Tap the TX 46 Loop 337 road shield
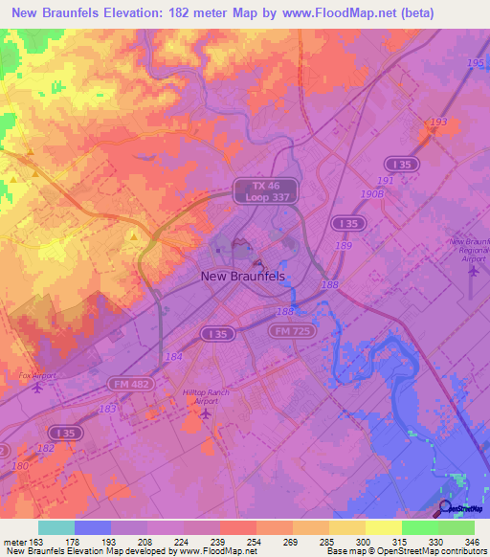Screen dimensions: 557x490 click(x=266, y=189)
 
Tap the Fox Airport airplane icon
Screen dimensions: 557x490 click(x=37, y=388)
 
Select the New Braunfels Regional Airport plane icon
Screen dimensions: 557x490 click(x=474, y=272)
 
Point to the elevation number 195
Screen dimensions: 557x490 click(x=476, y=62)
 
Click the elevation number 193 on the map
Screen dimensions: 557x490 click(x=438, y=123)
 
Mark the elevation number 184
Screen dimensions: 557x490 click(x=173, y=357)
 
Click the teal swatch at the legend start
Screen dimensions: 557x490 click(x=56, y=527)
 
